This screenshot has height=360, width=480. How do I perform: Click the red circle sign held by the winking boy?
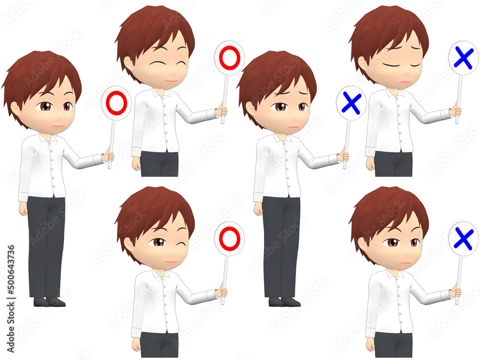pos(229,239)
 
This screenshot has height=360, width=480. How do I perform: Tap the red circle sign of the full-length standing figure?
pos(116,103)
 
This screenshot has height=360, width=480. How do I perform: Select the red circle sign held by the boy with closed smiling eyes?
pos(229,58)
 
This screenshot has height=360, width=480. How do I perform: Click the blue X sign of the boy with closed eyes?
pos(464,58)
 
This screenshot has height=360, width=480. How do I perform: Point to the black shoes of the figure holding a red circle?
pos(49,302)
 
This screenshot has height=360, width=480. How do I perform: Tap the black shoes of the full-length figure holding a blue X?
pos(284,302)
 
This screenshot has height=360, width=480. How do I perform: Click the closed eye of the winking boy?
pos(181,245)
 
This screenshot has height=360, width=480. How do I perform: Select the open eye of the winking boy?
pos(158,242)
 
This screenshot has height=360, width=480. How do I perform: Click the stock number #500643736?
pos(11,270)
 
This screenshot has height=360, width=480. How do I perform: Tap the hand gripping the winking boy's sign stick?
pos(222,292)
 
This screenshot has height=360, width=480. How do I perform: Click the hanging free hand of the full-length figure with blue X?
pos(258,209)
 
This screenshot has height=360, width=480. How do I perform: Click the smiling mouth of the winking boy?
pos(171,262)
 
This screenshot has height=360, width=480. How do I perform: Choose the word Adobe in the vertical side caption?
pos(11,339)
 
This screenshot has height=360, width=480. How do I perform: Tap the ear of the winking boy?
pos(129,245)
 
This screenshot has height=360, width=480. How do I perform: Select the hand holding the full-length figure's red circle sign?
pos(108,156)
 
